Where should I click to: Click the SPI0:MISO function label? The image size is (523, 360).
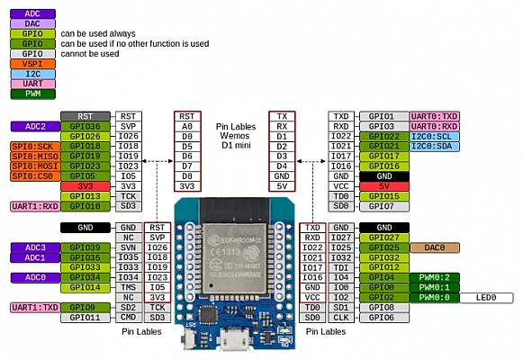34,155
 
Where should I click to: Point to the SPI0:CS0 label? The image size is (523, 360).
34,175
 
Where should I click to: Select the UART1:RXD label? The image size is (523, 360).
34,206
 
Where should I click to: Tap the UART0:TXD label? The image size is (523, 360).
434,116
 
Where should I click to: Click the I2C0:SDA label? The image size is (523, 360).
434,146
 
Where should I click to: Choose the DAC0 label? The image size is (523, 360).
434,247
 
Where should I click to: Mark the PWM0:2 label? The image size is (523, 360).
434,277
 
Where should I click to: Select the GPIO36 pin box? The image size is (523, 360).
86,127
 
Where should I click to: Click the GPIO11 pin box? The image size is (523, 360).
86,317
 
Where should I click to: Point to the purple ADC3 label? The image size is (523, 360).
34,247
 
